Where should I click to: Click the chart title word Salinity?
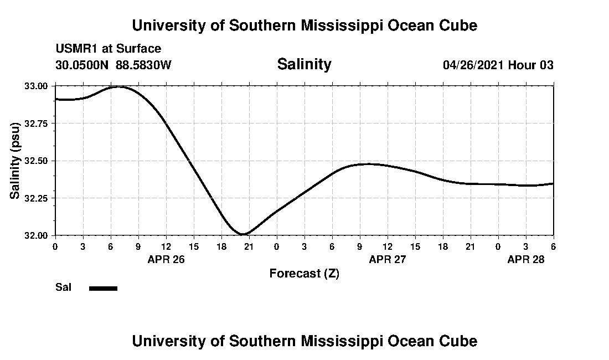pos(304,64)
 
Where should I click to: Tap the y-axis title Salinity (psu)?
pos(16,161)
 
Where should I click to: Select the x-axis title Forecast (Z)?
pos(304,274)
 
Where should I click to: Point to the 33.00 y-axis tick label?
pos(37,86)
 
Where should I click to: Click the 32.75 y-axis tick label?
pos(37,124)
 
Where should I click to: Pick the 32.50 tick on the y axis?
pos(37,161)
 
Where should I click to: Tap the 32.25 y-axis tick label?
pos(37,198)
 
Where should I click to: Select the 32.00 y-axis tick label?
pos(37,235)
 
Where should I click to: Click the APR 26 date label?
pos(166,259)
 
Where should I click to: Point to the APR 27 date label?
pos(387,259)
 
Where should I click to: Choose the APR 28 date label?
pos(526,259)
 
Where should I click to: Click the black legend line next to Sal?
pos(103,288)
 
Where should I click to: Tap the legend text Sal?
pos(63,287)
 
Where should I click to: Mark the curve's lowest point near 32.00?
pos(244,234)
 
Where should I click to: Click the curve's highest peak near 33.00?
pos(118,87)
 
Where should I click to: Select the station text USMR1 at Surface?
pos(108,49)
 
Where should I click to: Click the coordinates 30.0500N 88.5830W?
pos(113,65)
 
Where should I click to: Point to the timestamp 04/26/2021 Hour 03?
pos(498,65)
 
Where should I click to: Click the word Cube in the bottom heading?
pos(459,341)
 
